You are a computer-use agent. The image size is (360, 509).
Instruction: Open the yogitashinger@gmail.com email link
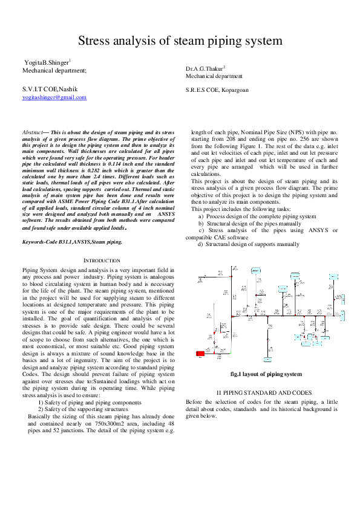pyautogui.click(x=54, y=97)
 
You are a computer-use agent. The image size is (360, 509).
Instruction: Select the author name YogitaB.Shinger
pyautogui.click(x=47, y=62)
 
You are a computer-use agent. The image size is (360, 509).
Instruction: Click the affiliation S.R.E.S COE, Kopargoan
pyautogui.click(x=217, y=90)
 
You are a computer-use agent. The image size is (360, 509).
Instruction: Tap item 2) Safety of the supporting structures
pyautogui.click(x=96, y=409)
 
